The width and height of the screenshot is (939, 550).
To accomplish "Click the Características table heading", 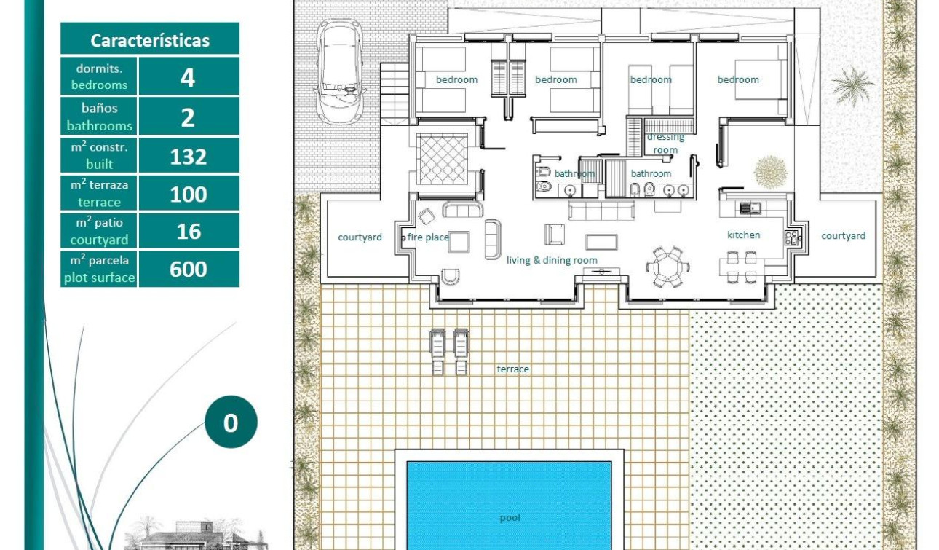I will pyautogui.click(x=149, y=40).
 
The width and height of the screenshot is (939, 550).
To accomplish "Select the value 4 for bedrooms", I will pyautogui.click(x=188, y=76).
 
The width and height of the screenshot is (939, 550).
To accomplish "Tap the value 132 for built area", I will pyautogui.click(x=188, y=156).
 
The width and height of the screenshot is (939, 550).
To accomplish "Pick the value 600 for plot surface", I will pyautogui.click(x=188, y=269).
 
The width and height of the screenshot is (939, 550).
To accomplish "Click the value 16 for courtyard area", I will pyautogui.click(x=188, y=232).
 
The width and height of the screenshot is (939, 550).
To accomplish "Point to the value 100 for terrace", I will pyautogui.click(x=188, y=194).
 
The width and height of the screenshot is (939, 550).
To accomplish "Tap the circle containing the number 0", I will pyautogui.click(x=231, y=423).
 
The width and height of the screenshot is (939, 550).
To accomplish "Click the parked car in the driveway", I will pyautogui.click(x=340, y=71).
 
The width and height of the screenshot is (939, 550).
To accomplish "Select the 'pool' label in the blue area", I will pyautogui.click(x=510, y=518).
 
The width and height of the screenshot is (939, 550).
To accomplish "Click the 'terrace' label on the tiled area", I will pyautogui.click(x=512, y=369).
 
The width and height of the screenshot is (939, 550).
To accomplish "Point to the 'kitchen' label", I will pyautogui.click(x=743, y=235).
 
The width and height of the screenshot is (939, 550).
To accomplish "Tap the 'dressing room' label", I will pyautogui.click(x=665, y=144).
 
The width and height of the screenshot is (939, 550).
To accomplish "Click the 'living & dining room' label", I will pyautogui.click(x=552, y=260).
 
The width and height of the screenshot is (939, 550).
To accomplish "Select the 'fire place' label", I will pyautogui.click(x=428, y=237).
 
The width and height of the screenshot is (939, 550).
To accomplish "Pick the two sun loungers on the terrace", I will pyautogui.click(x=449, y=351).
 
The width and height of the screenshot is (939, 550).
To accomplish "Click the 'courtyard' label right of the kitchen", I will pyautogui.click(x=843, y=236).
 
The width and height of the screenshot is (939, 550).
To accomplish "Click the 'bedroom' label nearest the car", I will pyautogui.click(x=456, y=79).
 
